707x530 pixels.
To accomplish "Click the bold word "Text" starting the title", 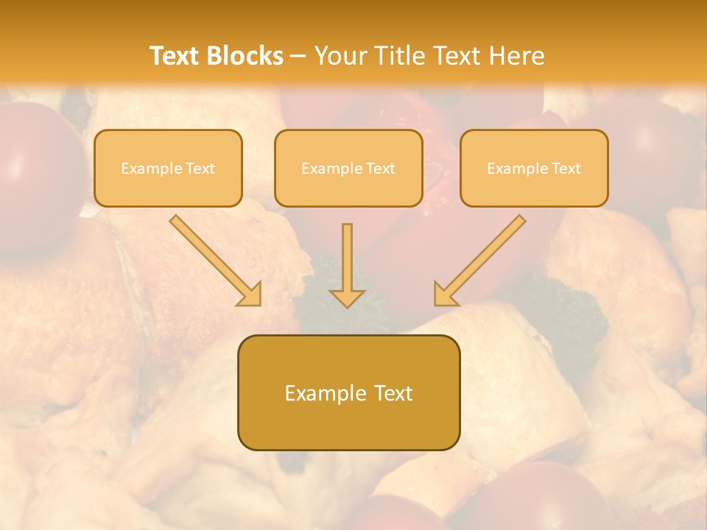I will pyautogui.click(x=177, y=56).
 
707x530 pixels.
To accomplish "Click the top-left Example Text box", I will pyautogui.click(x=168, y=168).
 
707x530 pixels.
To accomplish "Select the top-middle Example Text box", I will pyautogui.click(x=348, y=168).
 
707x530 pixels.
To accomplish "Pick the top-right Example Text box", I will pyautogui.click(x=534, y=168).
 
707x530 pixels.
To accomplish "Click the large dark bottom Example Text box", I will pyautogui.click(x=348, y=392).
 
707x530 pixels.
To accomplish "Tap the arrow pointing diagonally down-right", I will pyautogui.click(x=214, y=258).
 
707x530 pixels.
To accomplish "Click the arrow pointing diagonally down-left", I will pyautogui.click(x=482, y=258).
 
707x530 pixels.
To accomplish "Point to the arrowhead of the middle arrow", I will pyautogui.click(x=347, y=297).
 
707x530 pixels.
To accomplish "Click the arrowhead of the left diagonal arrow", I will pyautogui.click(x=251, y=296).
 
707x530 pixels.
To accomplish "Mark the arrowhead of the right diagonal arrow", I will pyautogui.click(x=444, y=296).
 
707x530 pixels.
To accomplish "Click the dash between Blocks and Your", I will pyautogui.click(x=298, y=56).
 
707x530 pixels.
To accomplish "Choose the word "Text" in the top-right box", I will pyautogui.click(x=566, y=169).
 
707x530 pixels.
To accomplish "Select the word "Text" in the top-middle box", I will pyautogui.click(x=380, y=169).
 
